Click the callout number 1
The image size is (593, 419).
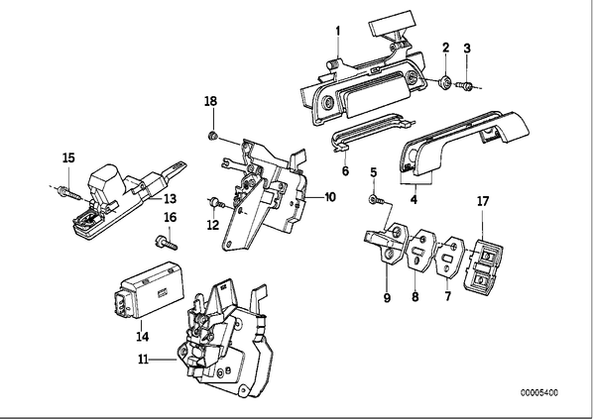(338, 31)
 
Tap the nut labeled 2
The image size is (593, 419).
(445, 81)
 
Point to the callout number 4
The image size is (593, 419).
(414, 199)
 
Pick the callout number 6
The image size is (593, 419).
(345, 170)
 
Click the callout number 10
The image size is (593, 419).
(330, 197)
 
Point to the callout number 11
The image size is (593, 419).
(143, 359)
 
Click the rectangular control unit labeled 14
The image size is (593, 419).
(150, 290)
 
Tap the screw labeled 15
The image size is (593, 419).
(71, 192)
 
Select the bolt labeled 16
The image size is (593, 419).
(166, 242)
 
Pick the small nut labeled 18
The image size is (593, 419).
(213, 136)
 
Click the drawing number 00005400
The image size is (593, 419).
(538, 393)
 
